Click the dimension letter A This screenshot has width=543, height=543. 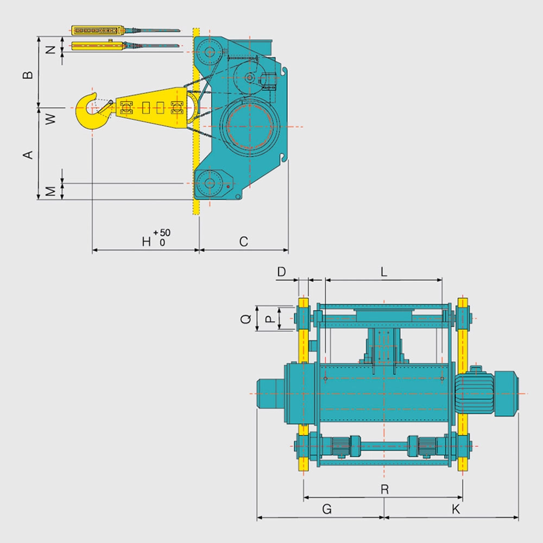(x=28, y=154)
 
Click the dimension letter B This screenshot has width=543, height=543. (x=28, y=74)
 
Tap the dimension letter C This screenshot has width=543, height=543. (x=244, y=242)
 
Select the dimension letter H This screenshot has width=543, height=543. (x=147, y=242)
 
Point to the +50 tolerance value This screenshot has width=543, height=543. (x=162, y=232)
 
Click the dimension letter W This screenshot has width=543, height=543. (x=50, y=118)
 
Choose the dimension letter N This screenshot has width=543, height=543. (x=50, y=49)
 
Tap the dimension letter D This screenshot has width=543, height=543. (x=281, y=272)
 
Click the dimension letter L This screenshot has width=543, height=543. (x=384, y=272)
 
